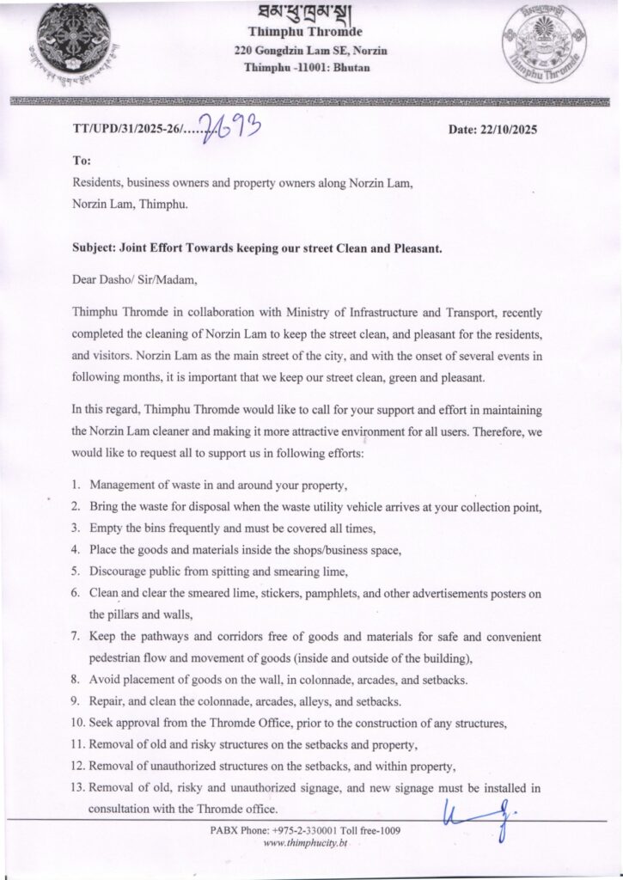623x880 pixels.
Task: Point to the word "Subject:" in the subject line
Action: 97,247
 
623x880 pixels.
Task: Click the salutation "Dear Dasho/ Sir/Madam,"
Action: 128,278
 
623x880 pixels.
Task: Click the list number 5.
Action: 76,570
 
